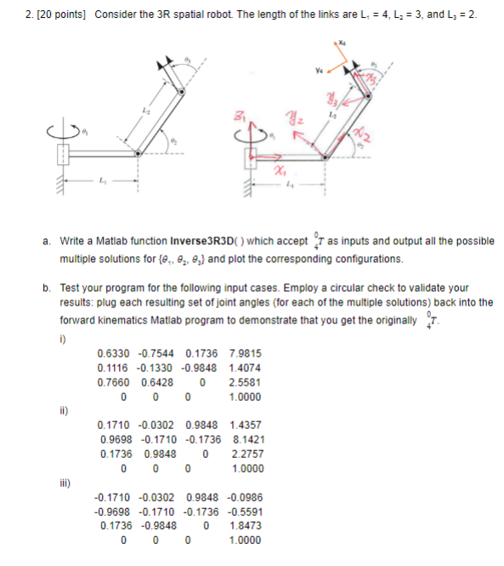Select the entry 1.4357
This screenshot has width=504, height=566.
(246, 424)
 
